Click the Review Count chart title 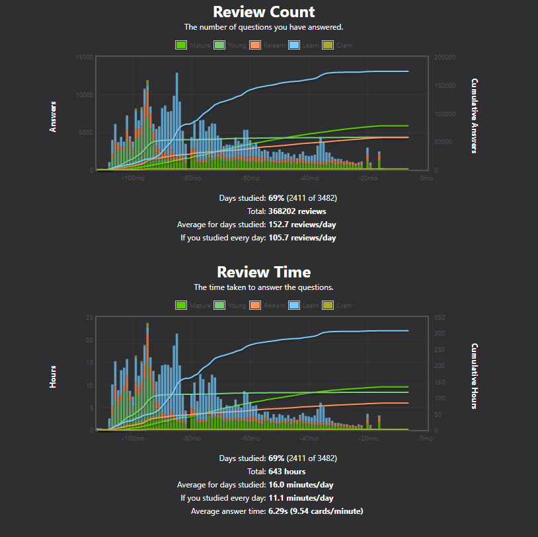point(264,12)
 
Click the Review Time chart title point(264,272)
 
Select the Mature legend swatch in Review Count point(181,45)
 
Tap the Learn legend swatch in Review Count point(293,45)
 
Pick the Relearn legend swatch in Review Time point(256,305)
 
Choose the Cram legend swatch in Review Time point(328,305)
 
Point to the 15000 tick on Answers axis point(84,57)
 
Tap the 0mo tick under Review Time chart point(426,439)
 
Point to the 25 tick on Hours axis point(89,318)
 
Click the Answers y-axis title point(53,116)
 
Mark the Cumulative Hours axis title point(475,376)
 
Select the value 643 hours point(287,472)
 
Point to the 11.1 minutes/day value point(301,498)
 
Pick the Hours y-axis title point(53,376)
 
